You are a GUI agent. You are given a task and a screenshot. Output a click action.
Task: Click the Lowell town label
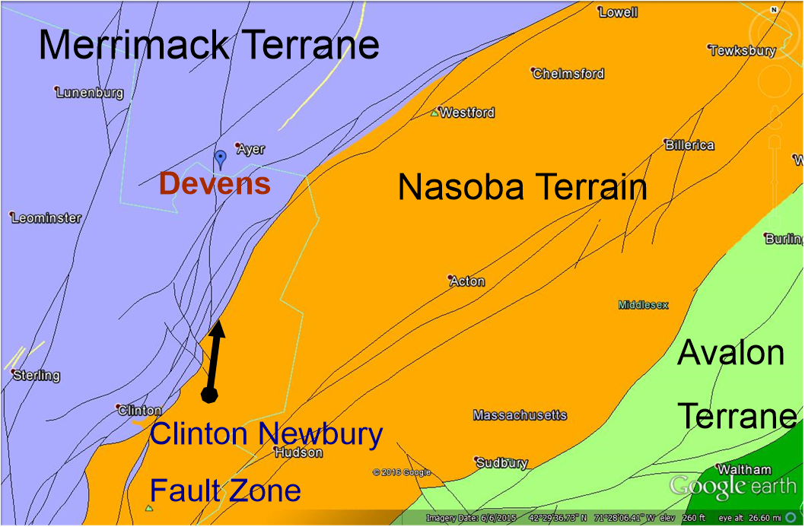pos(618,12)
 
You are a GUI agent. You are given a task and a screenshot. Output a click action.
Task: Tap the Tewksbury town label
pos(742,51)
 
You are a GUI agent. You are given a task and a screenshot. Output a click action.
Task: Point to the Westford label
pos(466,113)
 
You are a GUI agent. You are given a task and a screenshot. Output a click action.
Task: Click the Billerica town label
pos(689,145)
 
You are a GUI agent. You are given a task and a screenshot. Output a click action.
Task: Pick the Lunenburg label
pos(91,93)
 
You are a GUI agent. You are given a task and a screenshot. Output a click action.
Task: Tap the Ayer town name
pos(251,149)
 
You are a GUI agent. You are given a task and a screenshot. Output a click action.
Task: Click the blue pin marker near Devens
pos(221,158)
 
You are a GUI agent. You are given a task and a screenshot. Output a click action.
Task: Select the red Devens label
pos(215,184)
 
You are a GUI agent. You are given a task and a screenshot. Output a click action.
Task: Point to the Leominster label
pos(46,218)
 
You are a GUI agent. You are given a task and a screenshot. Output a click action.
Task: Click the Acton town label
pos(466,281)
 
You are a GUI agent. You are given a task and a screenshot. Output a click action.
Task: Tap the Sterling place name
pos(37,376)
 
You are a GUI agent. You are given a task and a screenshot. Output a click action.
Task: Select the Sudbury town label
pos(502,462)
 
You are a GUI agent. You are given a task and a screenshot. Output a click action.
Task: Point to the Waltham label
pos(744,469)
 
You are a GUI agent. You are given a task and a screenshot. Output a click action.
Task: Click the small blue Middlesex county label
pos(643,305)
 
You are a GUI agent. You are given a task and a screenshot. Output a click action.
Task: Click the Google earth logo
pos(733,486)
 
